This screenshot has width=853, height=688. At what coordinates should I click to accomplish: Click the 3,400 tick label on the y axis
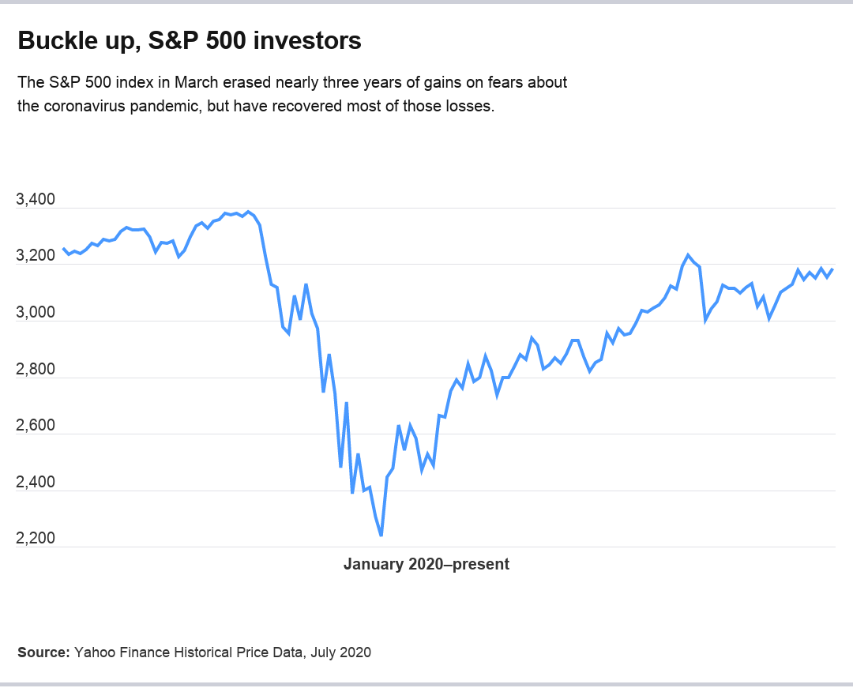pos(36,201)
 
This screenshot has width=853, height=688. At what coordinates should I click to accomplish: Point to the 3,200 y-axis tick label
pos(36,257)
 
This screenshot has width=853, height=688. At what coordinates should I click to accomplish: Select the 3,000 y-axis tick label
pos(36,314)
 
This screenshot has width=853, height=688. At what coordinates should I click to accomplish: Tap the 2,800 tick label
pos(36,370)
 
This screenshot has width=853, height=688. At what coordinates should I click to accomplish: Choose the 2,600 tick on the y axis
pos(36,427)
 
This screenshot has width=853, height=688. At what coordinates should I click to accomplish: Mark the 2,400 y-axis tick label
pos(36,483)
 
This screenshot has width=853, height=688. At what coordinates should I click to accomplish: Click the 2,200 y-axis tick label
pos(36,539)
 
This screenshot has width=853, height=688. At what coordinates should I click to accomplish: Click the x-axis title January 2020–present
pos(426,565)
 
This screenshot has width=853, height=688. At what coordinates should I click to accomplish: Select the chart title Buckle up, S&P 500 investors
pos(190,41)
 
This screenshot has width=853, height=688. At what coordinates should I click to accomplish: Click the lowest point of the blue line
pos(381,536)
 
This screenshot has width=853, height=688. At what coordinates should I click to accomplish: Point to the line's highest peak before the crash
pos(249,212)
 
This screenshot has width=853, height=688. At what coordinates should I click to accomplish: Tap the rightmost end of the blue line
pos(832,269)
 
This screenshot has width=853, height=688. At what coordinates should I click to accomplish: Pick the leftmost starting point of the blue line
pos(64,249)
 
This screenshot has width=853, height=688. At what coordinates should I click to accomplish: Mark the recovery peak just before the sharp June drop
pos(688,255)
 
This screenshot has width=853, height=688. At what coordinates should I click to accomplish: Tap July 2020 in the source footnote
pos(340,652)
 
